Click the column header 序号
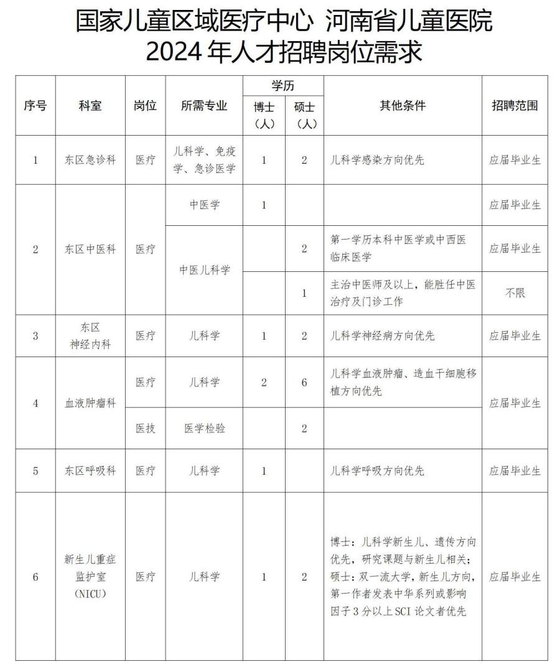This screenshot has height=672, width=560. coord(35,106)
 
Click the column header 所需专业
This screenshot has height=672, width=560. coord(204,106)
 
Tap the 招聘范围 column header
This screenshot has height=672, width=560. coord(515,106)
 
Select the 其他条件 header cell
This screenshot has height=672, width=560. coord(403,106)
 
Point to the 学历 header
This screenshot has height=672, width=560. coord(283,86)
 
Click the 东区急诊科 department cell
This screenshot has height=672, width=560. coord(90,160)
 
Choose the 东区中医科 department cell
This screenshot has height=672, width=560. coord(90,249)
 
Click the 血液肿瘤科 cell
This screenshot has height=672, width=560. coord(90,403)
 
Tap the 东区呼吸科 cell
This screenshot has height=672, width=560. coord(90,471)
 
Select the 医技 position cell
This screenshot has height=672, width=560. coord(146,427)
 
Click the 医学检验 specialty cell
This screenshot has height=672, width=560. coord(204,427)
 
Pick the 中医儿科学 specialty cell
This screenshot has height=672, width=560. coord(204,270)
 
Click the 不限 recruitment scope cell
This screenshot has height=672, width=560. coord(515,292)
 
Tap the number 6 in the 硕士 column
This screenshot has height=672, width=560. coord(304,383)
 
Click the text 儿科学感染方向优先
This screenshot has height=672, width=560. coord(378,160)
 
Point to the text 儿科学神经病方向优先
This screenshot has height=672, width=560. coord(383,336)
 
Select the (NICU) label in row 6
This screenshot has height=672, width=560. coord(90,594)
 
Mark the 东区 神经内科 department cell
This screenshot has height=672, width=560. coord(90,336)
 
